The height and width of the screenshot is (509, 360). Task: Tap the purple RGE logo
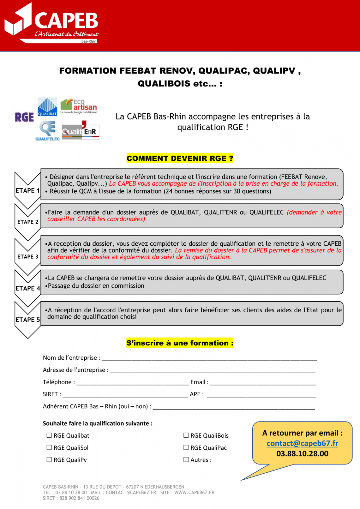click(24, 117)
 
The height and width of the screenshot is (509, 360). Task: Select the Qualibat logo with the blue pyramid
click(47, 107)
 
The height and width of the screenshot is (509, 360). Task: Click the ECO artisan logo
click(79, 106)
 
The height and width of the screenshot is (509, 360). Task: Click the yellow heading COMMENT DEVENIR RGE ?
click(180, 158)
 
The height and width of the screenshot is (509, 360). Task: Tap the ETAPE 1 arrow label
click(27, 190)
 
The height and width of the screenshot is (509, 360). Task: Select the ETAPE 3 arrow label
click(27, 257)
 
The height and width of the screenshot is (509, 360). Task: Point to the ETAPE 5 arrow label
click(27, 320)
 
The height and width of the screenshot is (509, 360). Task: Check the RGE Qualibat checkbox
click(49, 435)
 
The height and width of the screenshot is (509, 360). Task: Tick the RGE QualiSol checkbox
click(49, 447)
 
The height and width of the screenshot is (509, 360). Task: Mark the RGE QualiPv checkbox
click(49, 460)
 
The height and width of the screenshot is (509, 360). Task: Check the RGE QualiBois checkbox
click(186, 435)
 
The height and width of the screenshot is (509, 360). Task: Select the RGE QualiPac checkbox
click(186, 447)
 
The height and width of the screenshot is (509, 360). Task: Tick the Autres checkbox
click(186, 460)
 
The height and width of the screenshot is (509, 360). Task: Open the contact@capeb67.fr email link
click(302, 443)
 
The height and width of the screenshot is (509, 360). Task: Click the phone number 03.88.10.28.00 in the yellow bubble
click(302, 454)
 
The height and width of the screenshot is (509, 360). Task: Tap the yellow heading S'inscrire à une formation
click(180, 343)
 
